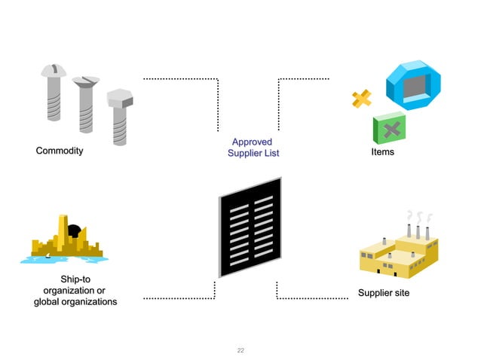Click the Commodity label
(x=60, y=151)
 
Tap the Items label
(x=382, y=152)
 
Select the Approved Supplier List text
(x=253, y=148)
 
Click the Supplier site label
(x=383, y=292)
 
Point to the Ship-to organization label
(x=75, y=291)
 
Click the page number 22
(x=240, y=350)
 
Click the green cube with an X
(x=390, y=129)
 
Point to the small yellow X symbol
(x=361, y=99)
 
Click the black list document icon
(x=250, y=226)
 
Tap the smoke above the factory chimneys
(x=419, y=215)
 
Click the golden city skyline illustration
(x=64, y=241)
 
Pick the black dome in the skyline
(x=75, y=230)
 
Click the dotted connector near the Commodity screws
(x=181, y=78)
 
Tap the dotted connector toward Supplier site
(x=302, y=298)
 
